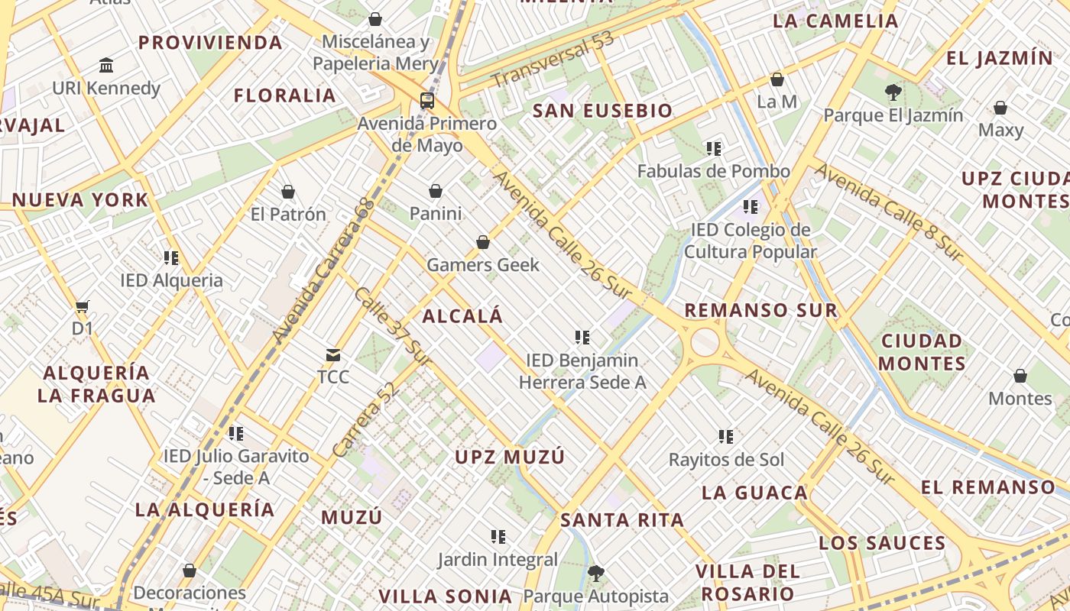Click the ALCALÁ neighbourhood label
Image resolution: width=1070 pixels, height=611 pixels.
pyautogui.click(x=462, y=315)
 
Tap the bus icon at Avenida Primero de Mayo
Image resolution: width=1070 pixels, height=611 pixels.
pyautogui.click(x=426, y=100)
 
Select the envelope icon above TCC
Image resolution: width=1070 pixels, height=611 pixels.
pyautogui.click(x=333, y=354)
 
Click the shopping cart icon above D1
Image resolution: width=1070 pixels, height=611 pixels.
pyautogui.click(x=83, y=307)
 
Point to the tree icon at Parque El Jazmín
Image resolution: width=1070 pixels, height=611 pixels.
pyautogui.click(x=892, y=92)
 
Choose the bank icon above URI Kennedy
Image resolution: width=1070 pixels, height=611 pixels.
pyautogui.click(x=106, y=66)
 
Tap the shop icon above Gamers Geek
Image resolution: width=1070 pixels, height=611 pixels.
pyautogui.click(x=483, y=242)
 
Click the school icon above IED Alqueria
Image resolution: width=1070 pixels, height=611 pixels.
pyautogui.click(x=171, y=257)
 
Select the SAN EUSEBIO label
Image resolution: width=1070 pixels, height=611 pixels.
pyautogui.click(x=602, y=111)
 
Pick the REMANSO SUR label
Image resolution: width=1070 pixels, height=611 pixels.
pyautogui.click(x=760, y=310)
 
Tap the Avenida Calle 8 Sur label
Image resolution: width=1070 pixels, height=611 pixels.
pyautogui.click(x=889, y=212)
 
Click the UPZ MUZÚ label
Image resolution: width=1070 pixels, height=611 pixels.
pyautogui.click(x=510, y=457)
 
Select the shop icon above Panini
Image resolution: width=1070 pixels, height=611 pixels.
pyautogui.click(x=436, y=190)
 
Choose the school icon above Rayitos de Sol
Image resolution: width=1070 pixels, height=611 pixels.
pyautogui.click(x=726, y=437)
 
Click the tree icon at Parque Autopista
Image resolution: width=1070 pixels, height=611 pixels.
pyautogui.click(x=596, y=573)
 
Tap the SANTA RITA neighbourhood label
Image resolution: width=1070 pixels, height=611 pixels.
pyautogui.click(x=622, y=520)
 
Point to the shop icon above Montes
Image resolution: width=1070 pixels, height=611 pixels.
pyautogui.click(x=1020, y=376)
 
